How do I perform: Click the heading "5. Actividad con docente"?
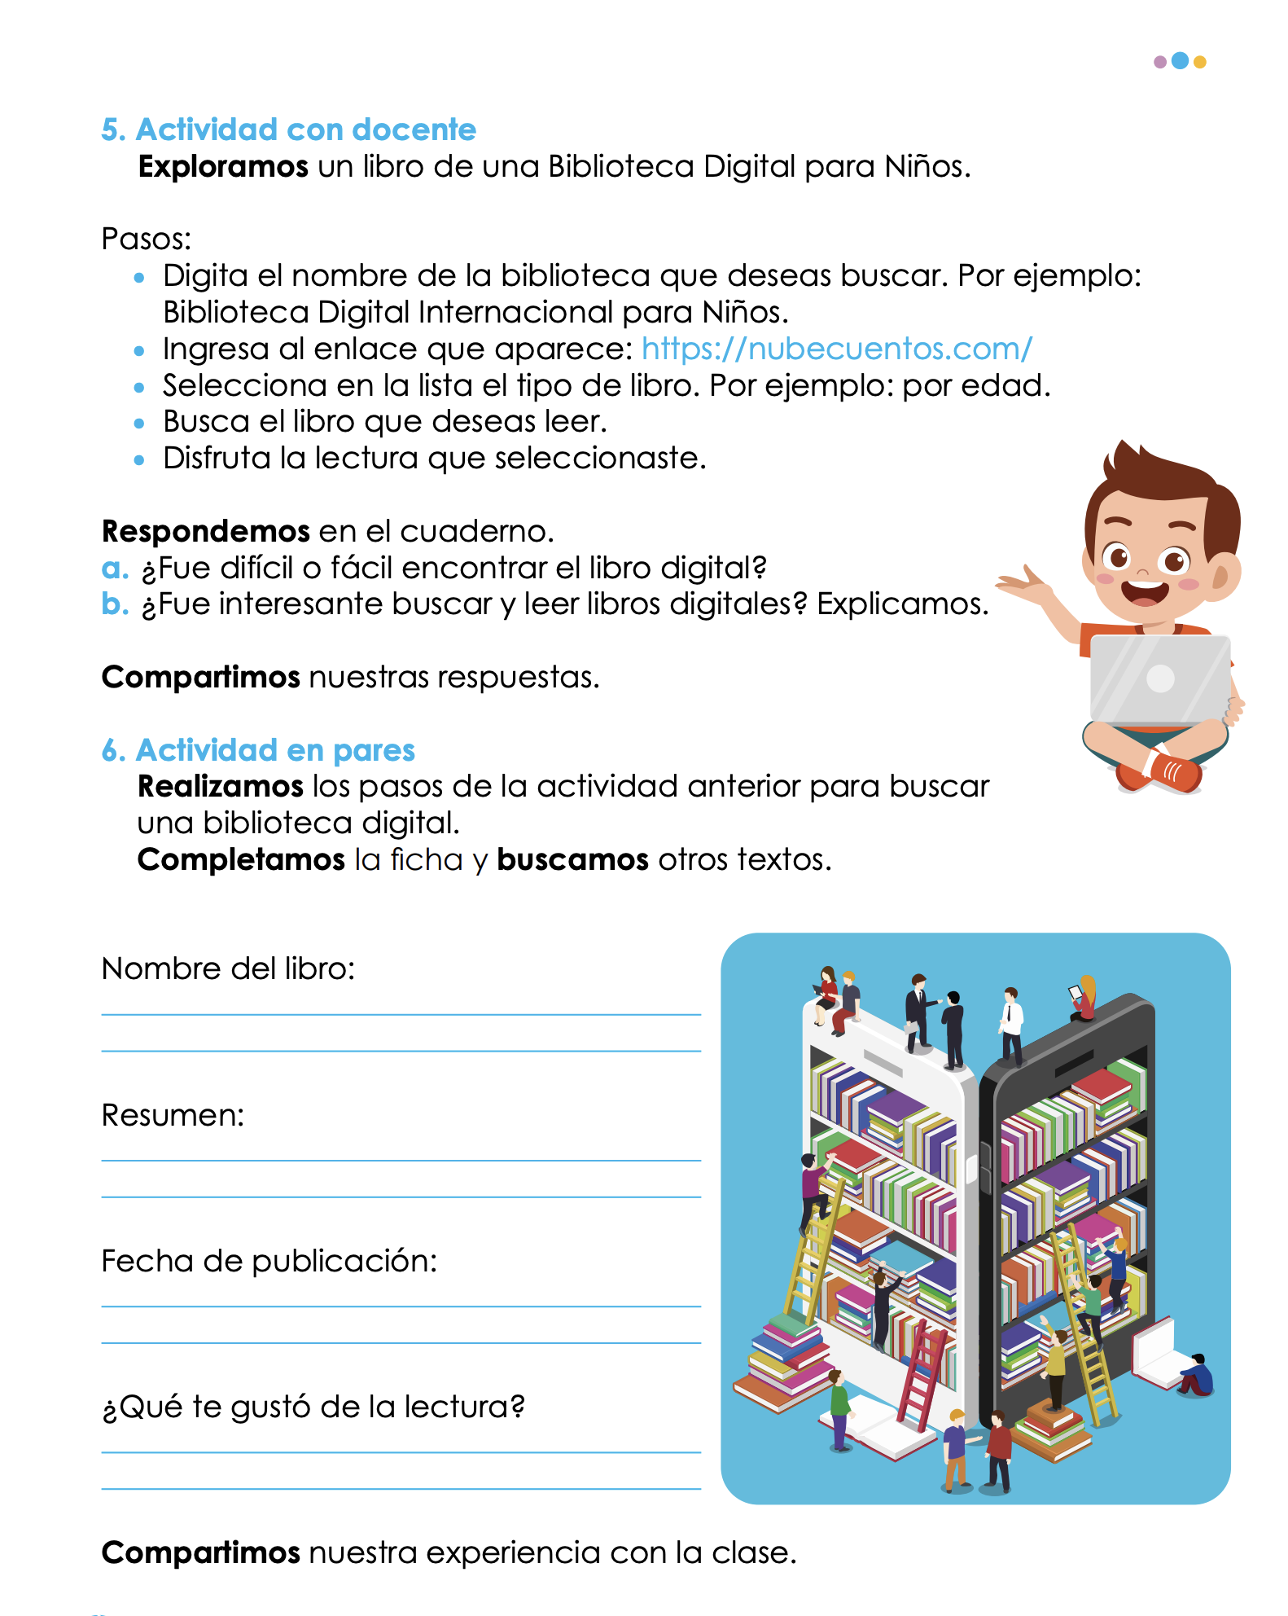click(288, 130)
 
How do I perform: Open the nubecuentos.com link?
click(836, 349)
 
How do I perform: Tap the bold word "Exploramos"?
click(223, 167)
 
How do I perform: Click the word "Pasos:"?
click(147, 239)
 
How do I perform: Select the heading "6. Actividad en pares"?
click(258, 750)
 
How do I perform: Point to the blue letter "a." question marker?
click(115, 568)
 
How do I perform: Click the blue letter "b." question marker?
click(115, 604)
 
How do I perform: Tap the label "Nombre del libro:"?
click(228, 968)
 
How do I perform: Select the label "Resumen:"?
click(173, 1115)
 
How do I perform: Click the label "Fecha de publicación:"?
click(269, 1261)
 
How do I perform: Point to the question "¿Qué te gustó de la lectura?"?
click(313, 1407)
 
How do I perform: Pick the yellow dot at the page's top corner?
click(1199, 62)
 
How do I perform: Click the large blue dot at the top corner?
click(1180, 61)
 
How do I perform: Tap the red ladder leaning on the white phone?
click(923, 1377)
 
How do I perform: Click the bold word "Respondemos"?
click(206, 531)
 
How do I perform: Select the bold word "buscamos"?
click(572, 860)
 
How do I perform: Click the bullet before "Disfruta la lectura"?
click(139, 459)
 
